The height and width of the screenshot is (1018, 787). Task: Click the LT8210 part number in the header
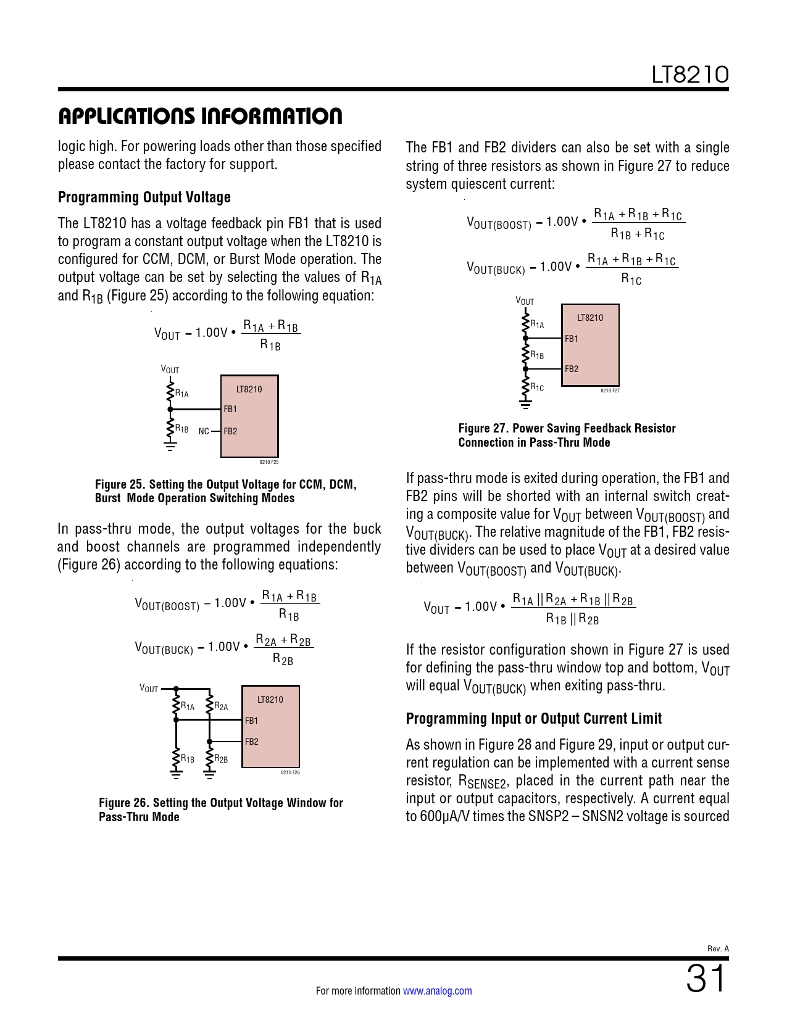coord(690,75)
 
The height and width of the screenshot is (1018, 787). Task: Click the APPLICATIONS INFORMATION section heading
coord(200,116)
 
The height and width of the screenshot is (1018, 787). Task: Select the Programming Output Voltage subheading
coord(144,197)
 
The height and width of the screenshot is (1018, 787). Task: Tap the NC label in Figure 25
coord(204,431)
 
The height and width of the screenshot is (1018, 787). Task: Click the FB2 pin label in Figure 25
coord(230,431)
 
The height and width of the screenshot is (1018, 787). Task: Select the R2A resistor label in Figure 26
coord(221,706)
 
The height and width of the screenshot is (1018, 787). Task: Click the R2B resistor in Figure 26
coord(210,758)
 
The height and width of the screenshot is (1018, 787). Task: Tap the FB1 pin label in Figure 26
coord(251,721)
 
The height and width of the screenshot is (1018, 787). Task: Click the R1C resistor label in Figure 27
coord(537,387)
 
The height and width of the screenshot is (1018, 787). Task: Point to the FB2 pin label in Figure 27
coord(572,369)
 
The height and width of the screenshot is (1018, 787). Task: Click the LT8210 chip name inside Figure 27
coord(589,318)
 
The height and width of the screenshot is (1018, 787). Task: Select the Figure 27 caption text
coord(567,435)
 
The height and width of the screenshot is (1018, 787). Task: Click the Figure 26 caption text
coord(220,809)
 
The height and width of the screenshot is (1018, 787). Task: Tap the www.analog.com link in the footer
coord(437,991)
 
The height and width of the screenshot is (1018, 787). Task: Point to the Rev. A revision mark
coord(718,948)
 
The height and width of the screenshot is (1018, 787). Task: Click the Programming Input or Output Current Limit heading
coord(533,719)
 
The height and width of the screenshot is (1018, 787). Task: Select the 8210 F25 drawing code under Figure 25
coord(269,462)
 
